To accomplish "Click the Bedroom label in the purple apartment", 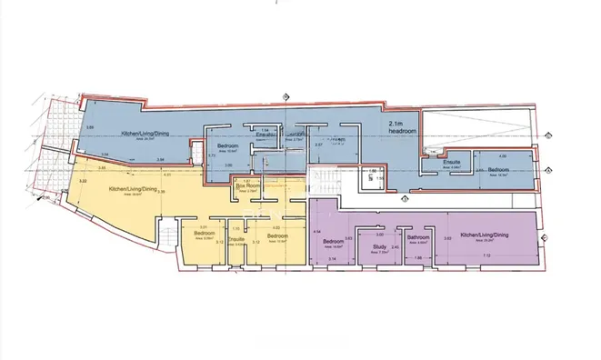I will click(x=333, y=241).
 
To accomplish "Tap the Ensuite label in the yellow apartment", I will click(x=235, y=237).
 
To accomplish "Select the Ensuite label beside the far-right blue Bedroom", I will click(x=452, y=162).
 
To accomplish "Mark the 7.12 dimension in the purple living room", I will click(x=486, y=256).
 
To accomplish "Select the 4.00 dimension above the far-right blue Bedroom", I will click(x=501, y=155).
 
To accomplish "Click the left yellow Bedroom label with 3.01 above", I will click(x=203, y=233).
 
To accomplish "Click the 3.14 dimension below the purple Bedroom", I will click(x=332, y=260).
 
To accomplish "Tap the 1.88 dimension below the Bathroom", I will click(x=417, y=258).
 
